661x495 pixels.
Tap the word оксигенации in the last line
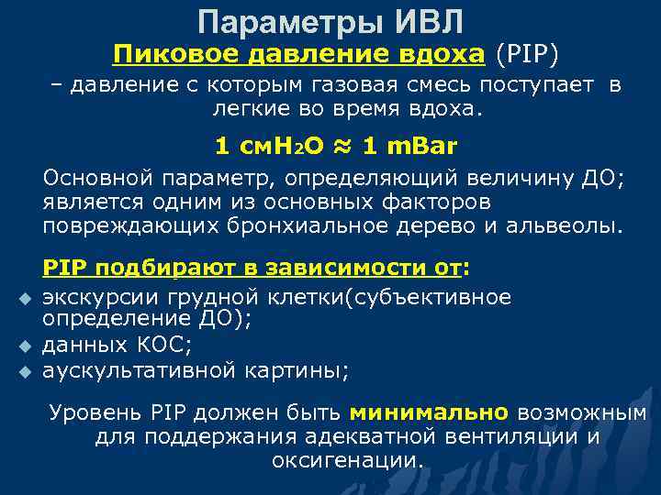[x=346, y=459]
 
